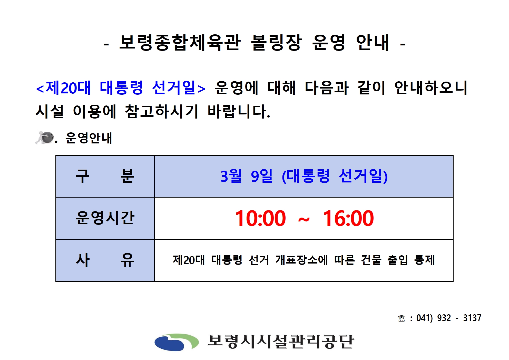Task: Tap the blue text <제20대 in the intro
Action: pyautogui.click(x=63, y=88)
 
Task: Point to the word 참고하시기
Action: pyautogui.click(x=162, y=112)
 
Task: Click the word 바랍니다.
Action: pyautogui.click(x=239, y=112)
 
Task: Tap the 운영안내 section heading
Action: pyautogui.click(x=89, y=138)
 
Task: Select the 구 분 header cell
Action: pyautogui.click(x=105, y=176)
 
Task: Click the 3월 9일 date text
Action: pyautogui.click(x=247, y=176)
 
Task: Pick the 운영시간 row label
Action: pyautogui.click(x=105, y=218)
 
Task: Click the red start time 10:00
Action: pyautogui.click(x=260, y=218)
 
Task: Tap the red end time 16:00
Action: pyautogui.click(x=348, y=218)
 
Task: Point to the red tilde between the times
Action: pyautogui.click(x=304, y=220)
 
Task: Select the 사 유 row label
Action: pyautogui.click(x=105, y=260)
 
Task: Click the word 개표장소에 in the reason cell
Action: pyautogui.click(x=302, y=260)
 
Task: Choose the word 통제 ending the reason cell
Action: pyautogui.click(x=425, y=260)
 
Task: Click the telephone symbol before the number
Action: pyautogui.click(x=402, y=319)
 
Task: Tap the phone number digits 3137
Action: pyautogui.click(x=472, y=318)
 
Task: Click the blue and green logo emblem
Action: pyautogui.click(x=177, y=342)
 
